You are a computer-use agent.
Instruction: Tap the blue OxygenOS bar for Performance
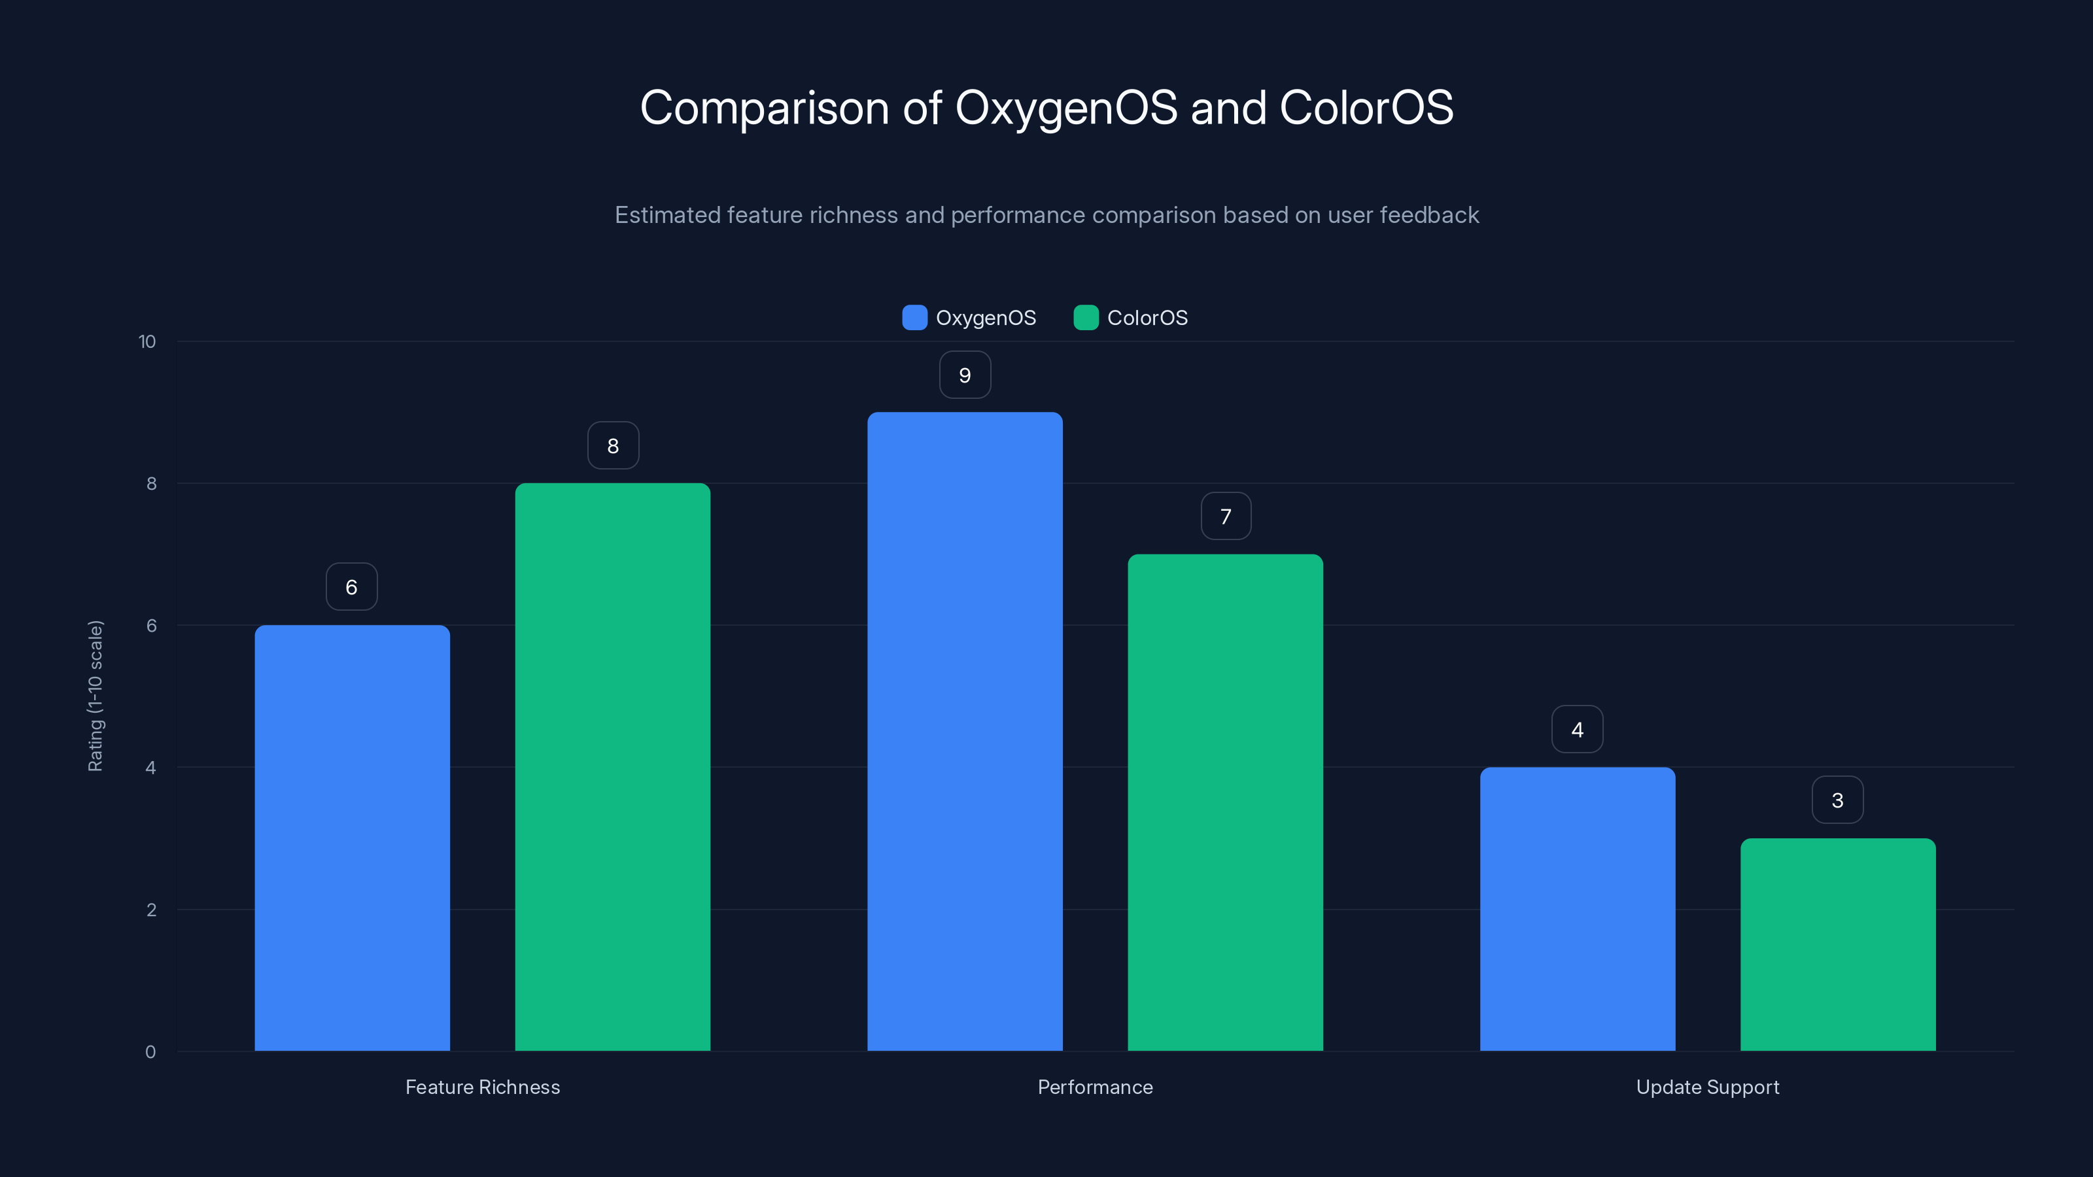tap(965, 731)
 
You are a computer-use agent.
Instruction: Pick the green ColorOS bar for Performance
tap(1225, 802)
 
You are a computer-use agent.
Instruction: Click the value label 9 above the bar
tap(965, 375)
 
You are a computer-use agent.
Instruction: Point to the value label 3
tap(1837, 800)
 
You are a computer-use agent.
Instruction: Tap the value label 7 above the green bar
tap(1225, 517)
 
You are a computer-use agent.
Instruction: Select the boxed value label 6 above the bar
tap(352, 587)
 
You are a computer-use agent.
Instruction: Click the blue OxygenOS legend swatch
tap(914, 318)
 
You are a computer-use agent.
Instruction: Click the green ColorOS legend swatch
tap(1086, 318)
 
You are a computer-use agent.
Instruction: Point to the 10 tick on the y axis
tap(147, 342)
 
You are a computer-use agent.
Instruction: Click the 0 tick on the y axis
tap(150, 1052)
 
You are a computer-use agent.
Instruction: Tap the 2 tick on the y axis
tap(151, 910)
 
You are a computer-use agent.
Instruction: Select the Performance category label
tap(1094, 1087)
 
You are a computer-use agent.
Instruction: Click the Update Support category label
tap(1707, 1087)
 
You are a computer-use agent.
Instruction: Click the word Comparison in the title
tap(765, 108)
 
